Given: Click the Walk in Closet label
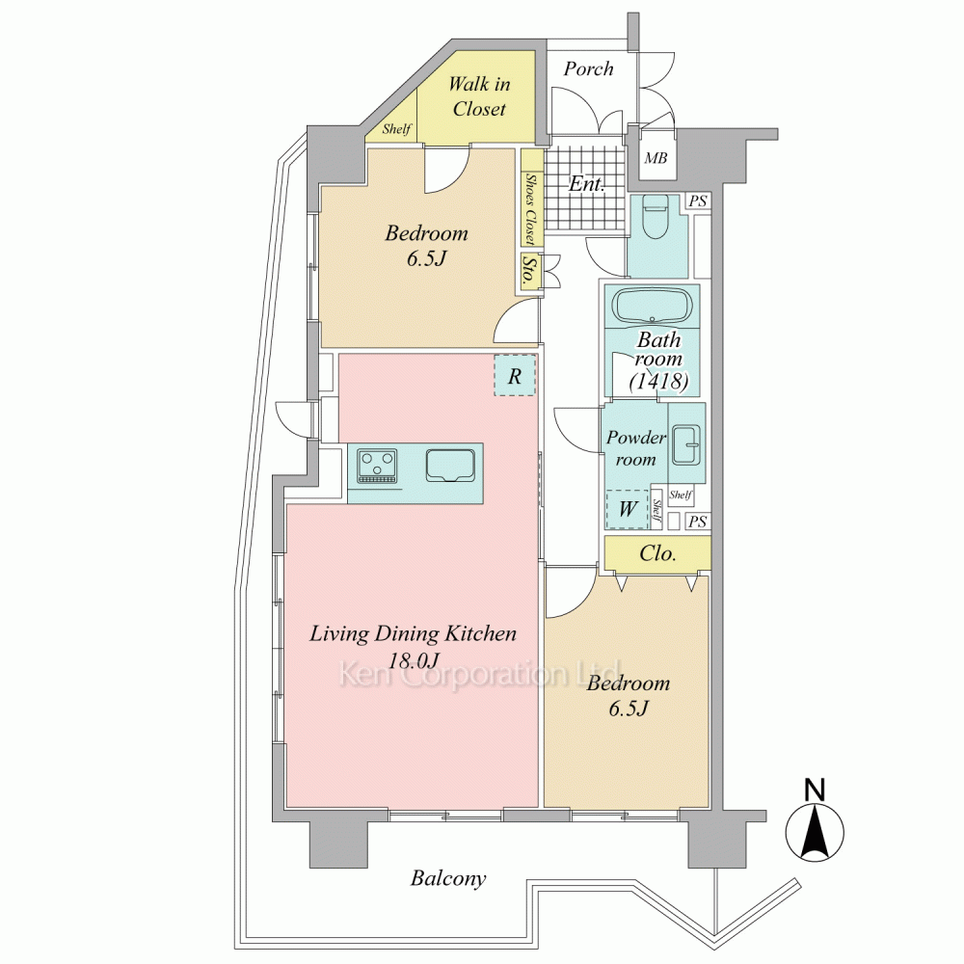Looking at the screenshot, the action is [x=479, y=96].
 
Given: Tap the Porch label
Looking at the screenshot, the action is [x=588, y=68].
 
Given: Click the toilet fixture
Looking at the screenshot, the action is [x=655, y=218].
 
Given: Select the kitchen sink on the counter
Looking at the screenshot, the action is [x=450, y=467].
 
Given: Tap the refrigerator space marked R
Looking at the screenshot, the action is [x=515, y=375].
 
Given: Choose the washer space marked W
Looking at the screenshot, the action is [x=628, y=509].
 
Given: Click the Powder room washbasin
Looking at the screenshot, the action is [x=686, y=444].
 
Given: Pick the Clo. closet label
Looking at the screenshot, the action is [x=657, y=553].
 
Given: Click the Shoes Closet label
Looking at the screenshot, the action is [x=530, y=208].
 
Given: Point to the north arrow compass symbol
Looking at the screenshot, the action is [x=815, y=824].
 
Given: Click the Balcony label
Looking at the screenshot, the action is [x=448, y=878].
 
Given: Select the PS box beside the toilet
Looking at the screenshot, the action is [x=697, y=201].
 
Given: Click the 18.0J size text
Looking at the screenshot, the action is [x=415, y=660].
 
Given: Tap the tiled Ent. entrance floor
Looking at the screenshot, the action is [x=585, y=188].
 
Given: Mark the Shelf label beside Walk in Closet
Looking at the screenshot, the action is [x=396, y=128].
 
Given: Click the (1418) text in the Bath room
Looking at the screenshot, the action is [x=657, y=381].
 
